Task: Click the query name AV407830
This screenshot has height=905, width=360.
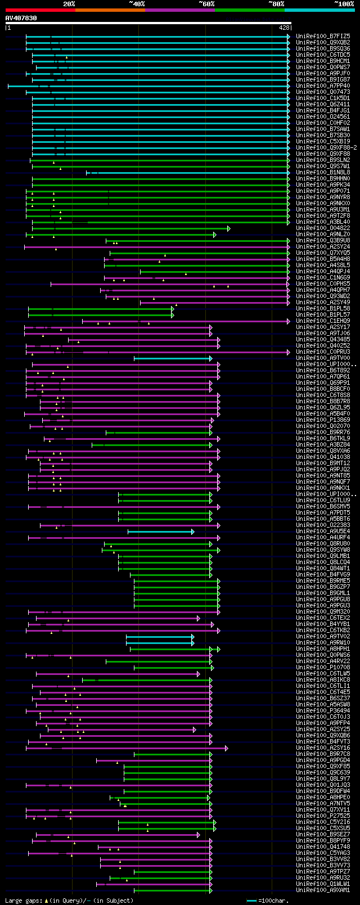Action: [x=21, y=18]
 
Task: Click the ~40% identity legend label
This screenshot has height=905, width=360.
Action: [x=137, y=4]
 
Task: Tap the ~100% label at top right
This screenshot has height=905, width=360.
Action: [x=344, y=4]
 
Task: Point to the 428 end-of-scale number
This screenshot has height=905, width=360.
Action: [x=283, y=27]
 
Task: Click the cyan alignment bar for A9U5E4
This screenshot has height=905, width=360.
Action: [x=160, y=531]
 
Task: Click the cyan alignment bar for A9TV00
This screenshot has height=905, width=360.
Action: [x=172, y=358]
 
